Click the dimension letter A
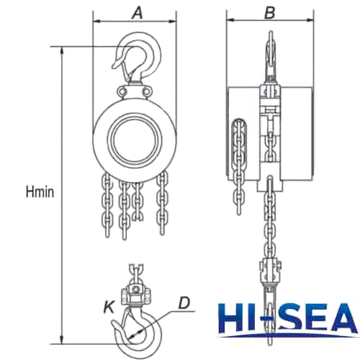135,12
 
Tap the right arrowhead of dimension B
312,21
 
